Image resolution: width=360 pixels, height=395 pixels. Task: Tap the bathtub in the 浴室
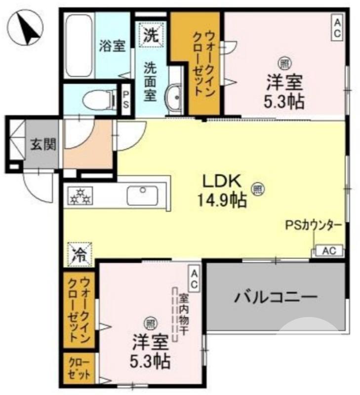click(x=79, y=45)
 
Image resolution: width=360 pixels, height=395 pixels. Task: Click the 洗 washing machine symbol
click(x=151, y=34)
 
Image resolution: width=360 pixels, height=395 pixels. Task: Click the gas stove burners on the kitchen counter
click(x=80, y=196)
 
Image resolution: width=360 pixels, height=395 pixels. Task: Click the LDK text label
click(x=221, y=181)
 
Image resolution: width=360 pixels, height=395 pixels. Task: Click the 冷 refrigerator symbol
click(x=79, y=254)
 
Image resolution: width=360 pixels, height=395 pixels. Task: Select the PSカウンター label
click(x=313, y=225)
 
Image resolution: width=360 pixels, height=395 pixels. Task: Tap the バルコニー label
click(x=275, y=297)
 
